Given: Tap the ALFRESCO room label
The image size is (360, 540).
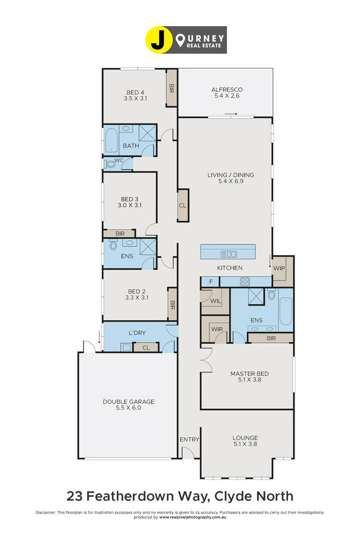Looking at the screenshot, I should (x=226, y=90).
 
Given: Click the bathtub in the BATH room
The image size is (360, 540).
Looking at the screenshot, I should (x=111, y=141).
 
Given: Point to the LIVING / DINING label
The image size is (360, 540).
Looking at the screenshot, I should (x=230, y=175).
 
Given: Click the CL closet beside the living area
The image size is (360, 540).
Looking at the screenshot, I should (x=182, y=205).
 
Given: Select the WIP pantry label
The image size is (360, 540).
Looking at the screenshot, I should (x=278, y=268).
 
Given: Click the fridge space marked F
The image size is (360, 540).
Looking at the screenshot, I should (x=210, y=282).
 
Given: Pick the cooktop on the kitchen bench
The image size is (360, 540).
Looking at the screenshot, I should (x=245, y=282).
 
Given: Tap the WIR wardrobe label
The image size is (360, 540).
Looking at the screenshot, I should (x=216, y=329).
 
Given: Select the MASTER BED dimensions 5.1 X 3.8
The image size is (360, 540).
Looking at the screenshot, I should (x=249, y=380).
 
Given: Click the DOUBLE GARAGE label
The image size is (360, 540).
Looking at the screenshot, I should (x=128, y=401).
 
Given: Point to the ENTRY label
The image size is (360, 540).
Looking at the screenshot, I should (x=189, y=439).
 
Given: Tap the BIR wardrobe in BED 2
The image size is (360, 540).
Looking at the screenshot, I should (x=172, y=303).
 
